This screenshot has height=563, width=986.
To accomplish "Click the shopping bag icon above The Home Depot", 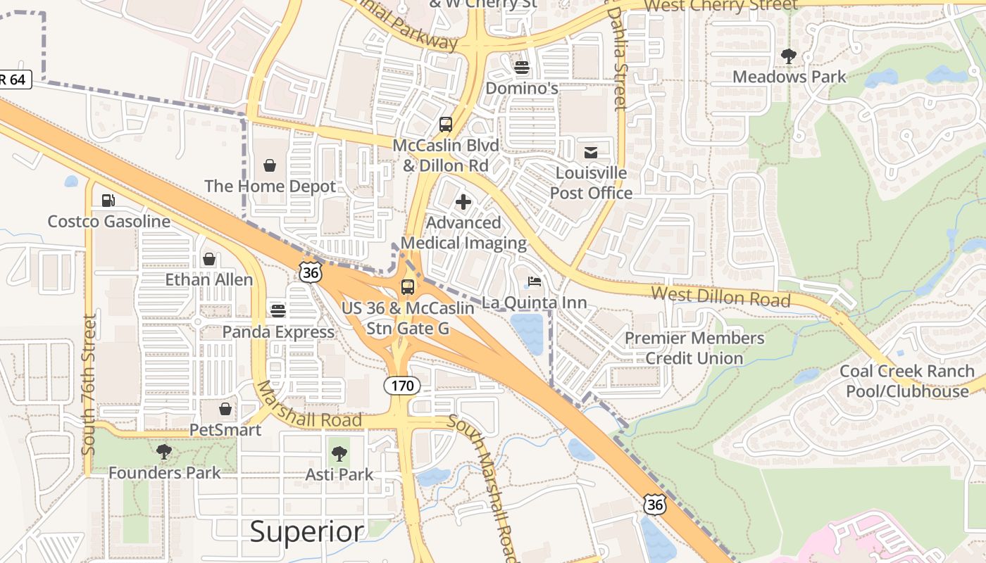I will pos(270,165).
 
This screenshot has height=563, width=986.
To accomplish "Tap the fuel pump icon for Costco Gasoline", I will pos(108,201).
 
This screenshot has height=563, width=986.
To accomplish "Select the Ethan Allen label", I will pos(208,279).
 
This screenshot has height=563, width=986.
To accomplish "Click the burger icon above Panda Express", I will pos(278,310).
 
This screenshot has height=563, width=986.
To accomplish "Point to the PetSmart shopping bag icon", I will pos(225,409).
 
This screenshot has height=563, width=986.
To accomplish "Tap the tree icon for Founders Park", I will pos(164,452).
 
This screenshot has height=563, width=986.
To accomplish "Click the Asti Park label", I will pos(339,474).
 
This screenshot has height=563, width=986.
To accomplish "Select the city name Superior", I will pos(308,531).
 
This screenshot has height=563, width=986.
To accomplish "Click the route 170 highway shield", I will pos(402,386).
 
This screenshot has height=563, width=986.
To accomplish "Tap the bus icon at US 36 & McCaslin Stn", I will pos(408,286).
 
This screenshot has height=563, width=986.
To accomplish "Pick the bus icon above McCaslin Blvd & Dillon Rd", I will pos(446,125).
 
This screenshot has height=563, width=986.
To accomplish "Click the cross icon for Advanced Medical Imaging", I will pos(463,203).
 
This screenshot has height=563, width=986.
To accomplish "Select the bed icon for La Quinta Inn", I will pos(535,282).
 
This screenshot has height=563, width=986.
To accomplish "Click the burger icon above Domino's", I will pos(522,68).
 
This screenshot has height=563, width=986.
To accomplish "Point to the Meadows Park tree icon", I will pos(789,56).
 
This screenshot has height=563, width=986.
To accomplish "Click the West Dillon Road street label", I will pos(720,296).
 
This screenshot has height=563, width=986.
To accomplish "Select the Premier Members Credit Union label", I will pos(694,348).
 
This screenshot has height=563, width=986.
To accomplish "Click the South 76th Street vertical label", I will pos(89,384).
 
